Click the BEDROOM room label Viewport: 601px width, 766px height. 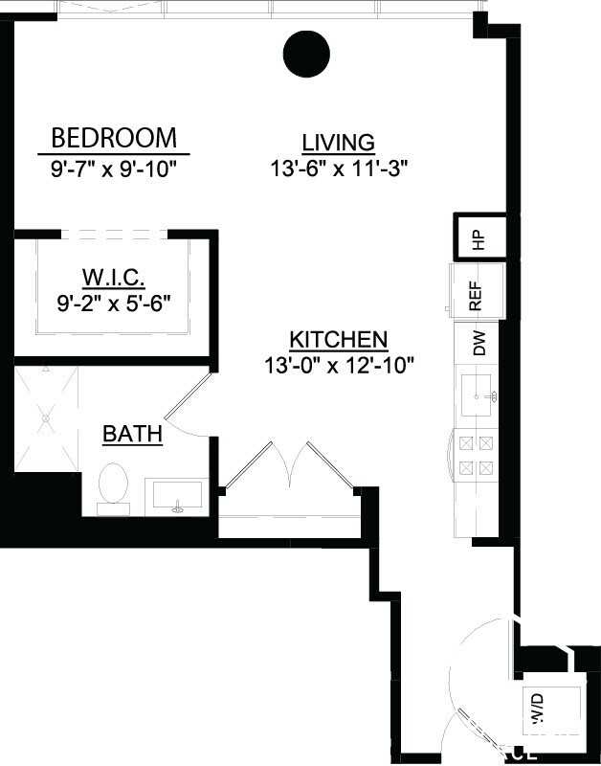coord(114,138)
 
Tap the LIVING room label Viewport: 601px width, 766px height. coord(338,143)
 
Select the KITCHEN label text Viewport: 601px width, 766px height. coord(338,340)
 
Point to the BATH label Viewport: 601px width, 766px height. coord(132,435)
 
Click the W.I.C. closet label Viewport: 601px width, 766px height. coord(114,278)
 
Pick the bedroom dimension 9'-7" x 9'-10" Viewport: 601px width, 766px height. coord(114,169)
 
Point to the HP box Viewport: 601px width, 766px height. coord(479,237)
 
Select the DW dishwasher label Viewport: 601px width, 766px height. coord(479,342)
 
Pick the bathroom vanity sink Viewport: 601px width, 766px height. coord(176,498)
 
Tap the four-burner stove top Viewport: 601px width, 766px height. coord(476,456)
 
